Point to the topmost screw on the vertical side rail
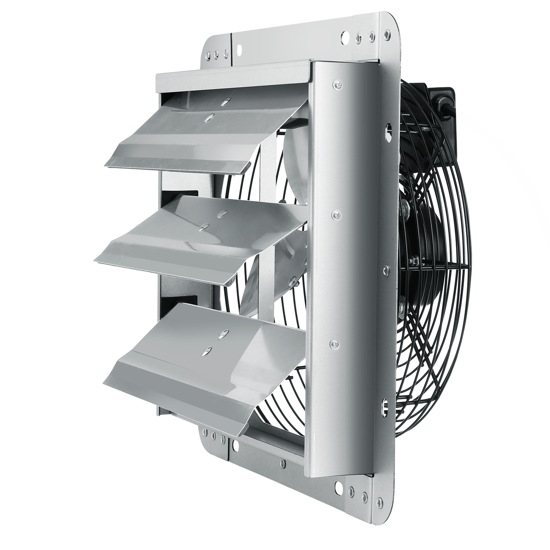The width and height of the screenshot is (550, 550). click(338, 84)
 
